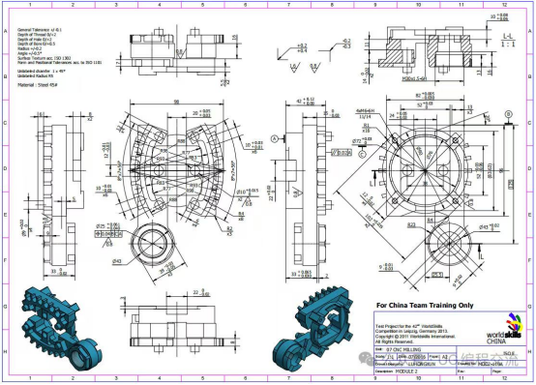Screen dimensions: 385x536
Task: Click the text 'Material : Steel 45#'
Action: coord(40,85)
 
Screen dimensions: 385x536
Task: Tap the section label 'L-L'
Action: coord(507,36)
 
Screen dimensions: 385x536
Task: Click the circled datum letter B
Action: coord(507,114)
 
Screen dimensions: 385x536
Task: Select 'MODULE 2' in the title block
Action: coord(410,370)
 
